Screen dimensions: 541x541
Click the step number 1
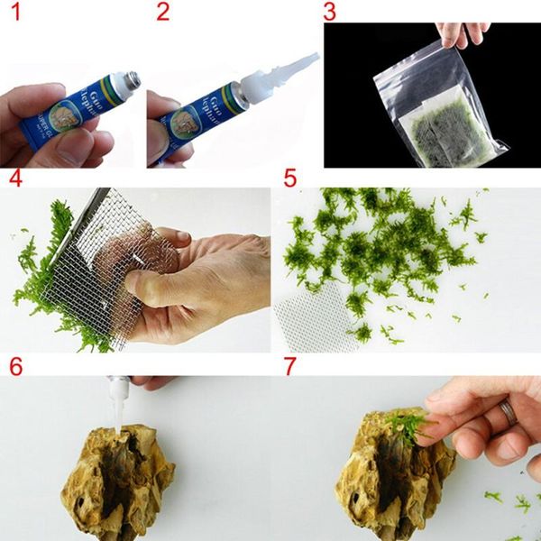[x=13, y=14]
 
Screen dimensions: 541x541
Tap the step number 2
[x=162, y=14]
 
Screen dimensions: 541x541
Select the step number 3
[x=330, y=14]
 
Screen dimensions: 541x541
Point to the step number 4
[x=14, y=178]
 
